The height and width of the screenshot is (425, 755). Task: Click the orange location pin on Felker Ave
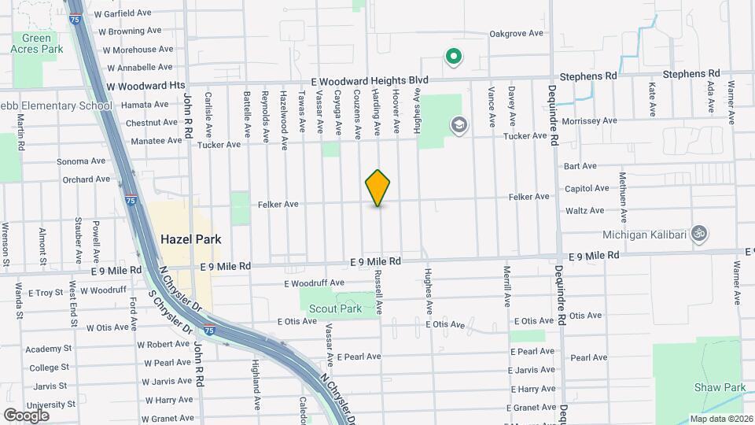pyautogui.click(x=378, y=188)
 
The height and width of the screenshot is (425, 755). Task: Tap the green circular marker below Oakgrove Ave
pyautogui.click(x=453, y=57)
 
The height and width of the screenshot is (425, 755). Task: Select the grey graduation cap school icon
pyautogui.click(x=458, y=125)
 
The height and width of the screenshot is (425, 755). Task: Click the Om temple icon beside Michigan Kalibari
pyautogui.click(x=698, y=234)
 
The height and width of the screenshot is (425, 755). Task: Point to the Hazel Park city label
pyautogui.click(x=190, y=239)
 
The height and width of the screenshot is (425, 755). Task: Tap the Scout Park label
pyautogui.click(x=335, y=309)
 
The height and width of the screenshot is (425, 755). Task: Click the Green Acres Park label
pyautogui.click(x=36, y=43)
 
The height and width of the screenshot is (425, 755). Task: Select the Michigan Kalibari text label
pyautogui.click(x=643, y=235)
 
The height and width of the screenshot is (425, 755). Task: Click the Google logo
pyautogui.click(x=27, y=415)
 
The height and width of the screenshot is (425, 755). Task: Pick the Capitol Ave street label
pyautogui.click(x=587, y=188)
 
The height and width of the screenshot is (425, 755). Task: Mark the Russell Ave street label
pyautogui.click(x=378, y=291)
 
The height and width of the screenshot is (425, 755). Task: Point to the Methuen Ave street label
pyautogui.click(x=623, y=197)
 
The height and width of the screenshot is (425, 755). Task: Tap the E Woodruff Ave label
pyautogui.click(x=315, y=283)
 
